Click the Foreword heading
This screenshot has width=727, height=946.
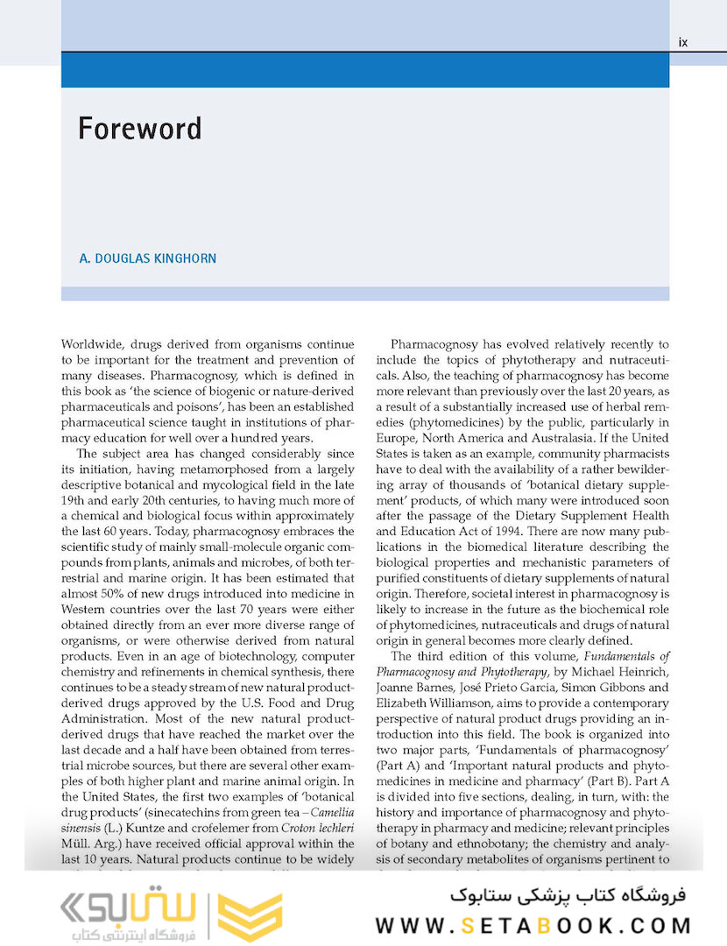click(x=140, y=128)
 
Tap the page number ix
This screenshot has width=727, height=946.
click(x=683, y=42)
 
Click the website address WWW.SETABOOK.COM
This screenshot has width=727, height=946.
click(x=533, y=925)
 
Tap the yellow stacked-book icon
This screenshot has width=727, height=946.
click(x=250, y=916)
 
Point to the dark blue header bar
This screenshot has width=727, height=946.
click(x=364, y=70)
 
